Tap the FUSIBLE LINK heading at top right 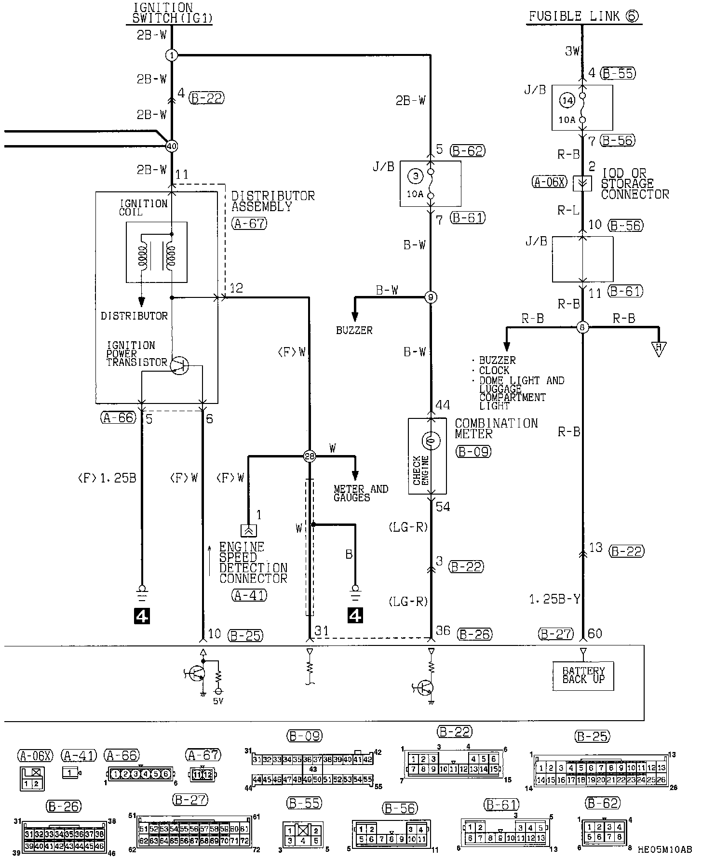[583, 16]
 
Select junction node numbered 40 [171, 146]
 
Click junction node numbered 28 [309, 456]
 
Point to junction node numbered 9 [431, 297]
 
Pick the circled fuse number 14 [567, 101]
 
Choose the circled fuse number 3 [415, 177]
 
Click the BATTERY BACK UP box [583, 675]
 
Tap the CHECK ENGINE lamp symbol [431, 440]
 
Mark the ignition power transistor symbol [179, 366]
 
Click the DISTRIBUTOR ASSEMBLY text [272, 201]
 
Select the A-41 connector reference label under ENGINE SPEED [249, 595]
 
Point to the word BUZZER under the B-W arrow [354, 331]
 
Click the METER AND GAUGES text [361, 493]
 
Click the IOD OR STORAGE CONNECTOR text [634, 184]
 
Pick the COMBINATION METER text [496, 428]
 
